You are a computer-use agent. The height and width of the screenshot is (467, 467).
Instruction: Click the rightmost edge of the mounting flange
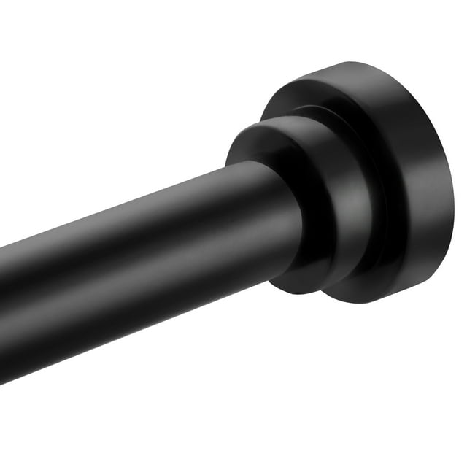[x=452, y=190]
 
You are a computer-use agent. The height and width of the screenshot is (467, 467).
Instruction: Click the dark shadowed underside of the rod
[x=146, y=321]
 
